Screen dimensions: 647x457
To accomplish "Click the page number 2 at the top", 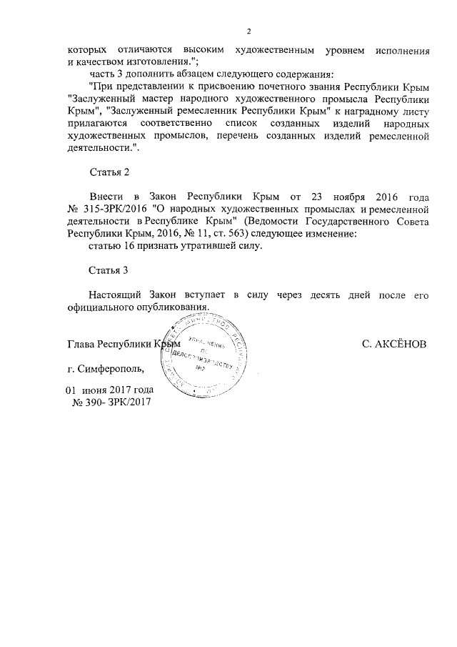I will [x=248, y=31].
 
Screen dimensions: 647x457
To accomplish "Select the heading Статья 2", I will [x=109, y=173].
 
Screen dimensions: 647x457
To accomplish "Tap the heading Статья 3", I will [x=109, y=270].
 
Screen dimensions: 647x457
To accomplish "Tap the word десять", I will [x=308, y=295].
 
